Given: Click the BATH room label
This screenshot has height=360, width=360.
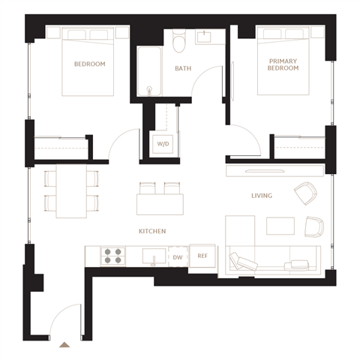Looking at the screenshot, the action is click(183, 68).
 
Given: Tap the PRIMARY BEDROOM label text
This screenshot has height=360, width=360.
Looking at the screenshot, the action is click(283, 64).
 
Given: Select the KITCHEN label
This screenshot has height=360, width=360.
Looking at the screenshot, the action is click(152, 231).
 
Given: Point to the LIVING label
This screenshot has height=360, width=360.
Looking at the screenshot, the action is click(262, 196).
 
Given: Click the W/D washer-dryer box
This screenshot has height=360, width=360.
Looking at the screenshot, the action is click(163, 144).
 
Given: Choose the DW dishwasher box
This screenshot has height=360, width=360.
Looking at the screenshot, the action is click(178, 256).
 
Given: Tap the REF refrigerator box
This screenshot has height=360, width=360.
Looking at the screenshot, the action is click(202, 256).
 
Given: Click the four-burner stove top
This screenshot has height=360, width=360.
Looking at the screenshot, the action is click(113, 256).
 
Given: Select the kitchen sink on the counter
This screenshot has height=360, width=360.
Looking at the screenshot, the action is click(154, 256).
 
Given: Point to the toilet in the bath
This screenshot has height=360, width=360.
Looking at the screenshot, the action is click(179, 40).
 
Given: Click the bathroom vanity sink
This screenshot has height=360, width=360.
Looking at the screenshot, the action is click(204, 37).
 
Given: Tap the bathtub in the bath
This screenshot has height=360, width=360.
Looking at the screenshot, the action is click(149, 71).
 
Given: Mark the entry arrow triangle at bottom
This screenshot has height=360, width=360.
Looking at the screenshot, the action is click(64, 345).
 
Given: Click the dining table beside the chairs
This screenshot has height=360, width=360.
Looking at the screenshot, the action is click(71, 191).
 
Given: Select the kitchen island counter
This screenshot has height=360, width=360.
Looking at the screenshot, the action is click(160, 205).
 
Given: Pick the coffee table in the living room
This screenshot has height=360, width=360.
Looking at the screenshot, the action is click(280, 226).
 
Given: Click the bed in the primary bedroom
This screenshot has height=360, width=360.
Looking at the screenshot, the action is click(283, 61).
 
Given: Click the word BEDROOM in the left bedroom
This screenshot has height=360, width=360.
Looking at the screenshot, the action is click(90, 64).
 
